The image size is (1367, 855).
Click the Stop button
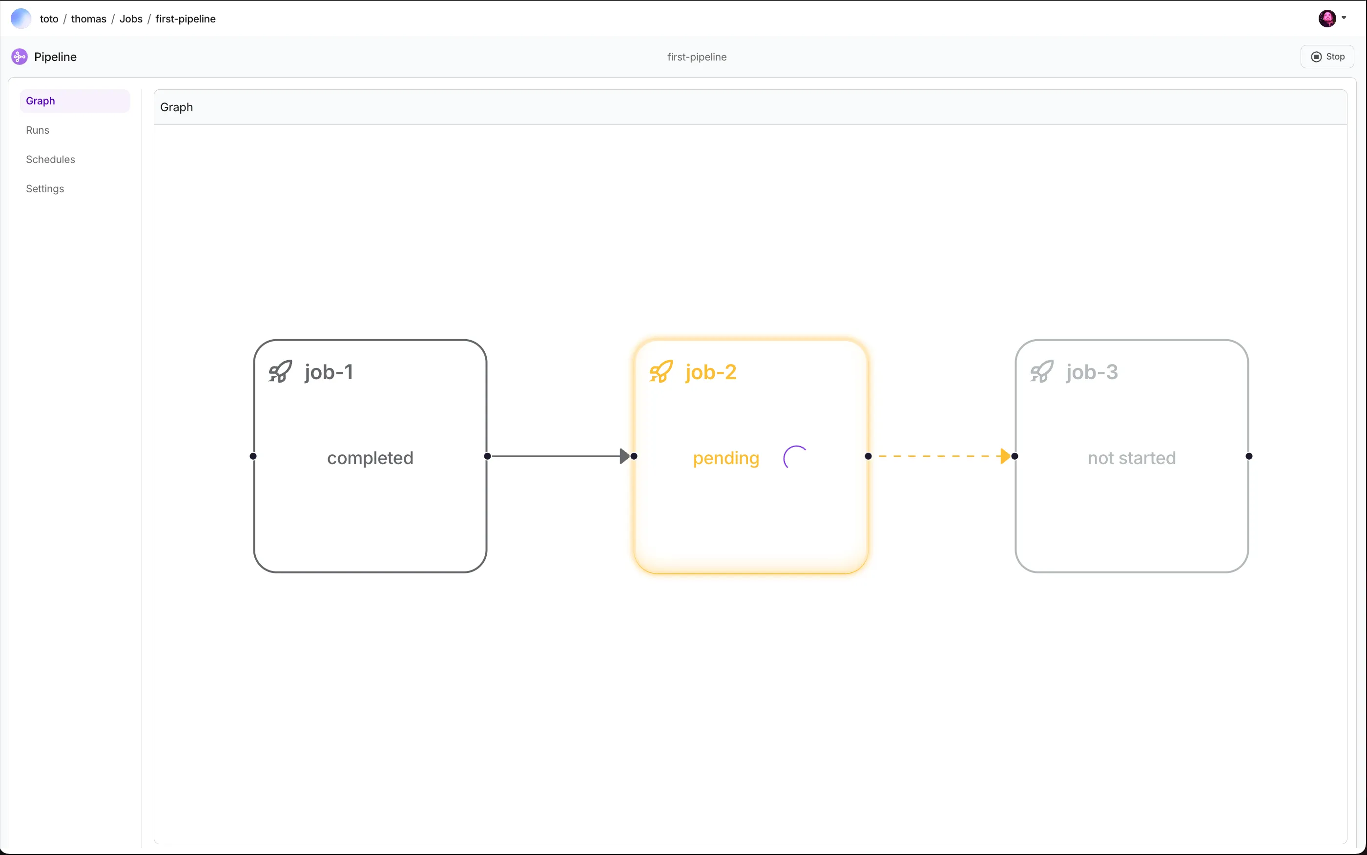1327,57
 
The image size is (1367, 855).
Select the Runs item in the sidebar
37,130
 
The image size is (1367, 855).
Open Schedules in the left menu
50,160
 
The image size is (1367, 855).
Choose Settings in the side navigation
45,189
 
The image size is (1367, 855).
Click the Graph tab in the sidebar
40,101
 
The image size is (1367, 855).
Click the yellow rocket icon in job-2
661,371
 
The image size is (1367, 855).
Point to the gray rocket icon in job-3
1042,371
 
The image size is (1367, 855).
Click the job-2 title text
711,372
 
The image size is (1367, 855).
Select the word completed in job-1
371,458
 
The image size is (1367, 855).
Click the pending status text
726,458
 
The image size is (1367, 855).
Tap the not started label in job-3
1132,458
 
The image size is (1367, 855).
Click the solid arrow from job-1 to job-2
560,456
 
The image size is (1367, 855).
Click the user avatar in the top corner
1327,19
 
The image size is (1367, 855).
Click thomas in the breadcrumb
89,19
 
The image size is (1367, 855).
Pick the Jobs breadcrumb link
131,19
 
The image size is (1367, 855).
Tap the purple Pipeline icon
19,57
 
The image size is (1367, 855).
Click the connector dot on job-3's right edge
1249,456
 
